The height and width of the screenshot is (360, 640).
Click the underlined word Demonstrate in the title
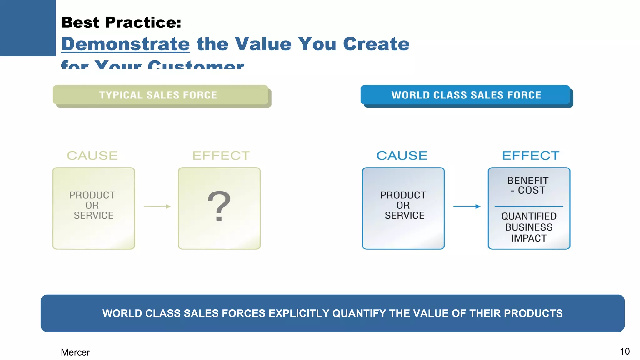(x=125, y=44)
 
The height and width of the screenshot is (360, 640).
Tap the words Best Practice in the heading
(x=121, y=22)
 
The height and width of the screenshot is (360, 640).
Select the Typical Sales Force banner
(x=160, y=95)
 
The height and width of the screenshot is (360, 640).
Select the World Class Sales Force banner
(x=466, y=95)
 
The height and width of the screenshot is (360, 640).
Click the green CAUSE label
(x=92, y=156)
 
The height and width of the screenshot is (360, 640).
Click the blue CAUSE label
(x=402, y=156)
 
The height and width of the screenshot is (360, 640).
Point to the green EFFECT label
(x=221, y=156)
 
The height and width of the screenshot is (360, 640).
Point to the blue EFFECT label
(x=531, y=156)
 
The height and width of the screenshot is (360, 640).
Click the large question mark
(x=219, y=206)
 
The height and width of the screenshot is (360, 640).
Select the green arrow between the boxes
(x=157, y=207)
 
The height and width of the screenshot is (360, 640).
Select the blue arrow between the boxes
(x=467, y=207)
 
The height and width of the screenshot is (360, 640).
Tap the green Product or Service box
(x=93, y=208)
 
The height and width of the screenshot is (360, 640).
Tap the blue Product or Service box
(x=403, y=208)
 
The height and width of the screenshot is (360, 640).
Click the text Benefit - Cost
(x=528, y=185)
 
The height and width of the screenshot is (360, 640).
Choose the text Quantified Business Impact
(x=529, y=227)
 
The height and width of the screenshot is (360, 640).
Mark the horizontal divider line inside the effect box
(x=529, y=207)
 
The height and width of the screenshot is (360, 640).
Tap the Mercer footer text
(x=75, y=352)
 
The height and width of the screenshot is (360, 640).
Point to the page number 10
(x=624, y=352)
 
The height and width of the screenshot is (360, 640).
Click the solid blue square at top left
(x=28, y=28)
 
